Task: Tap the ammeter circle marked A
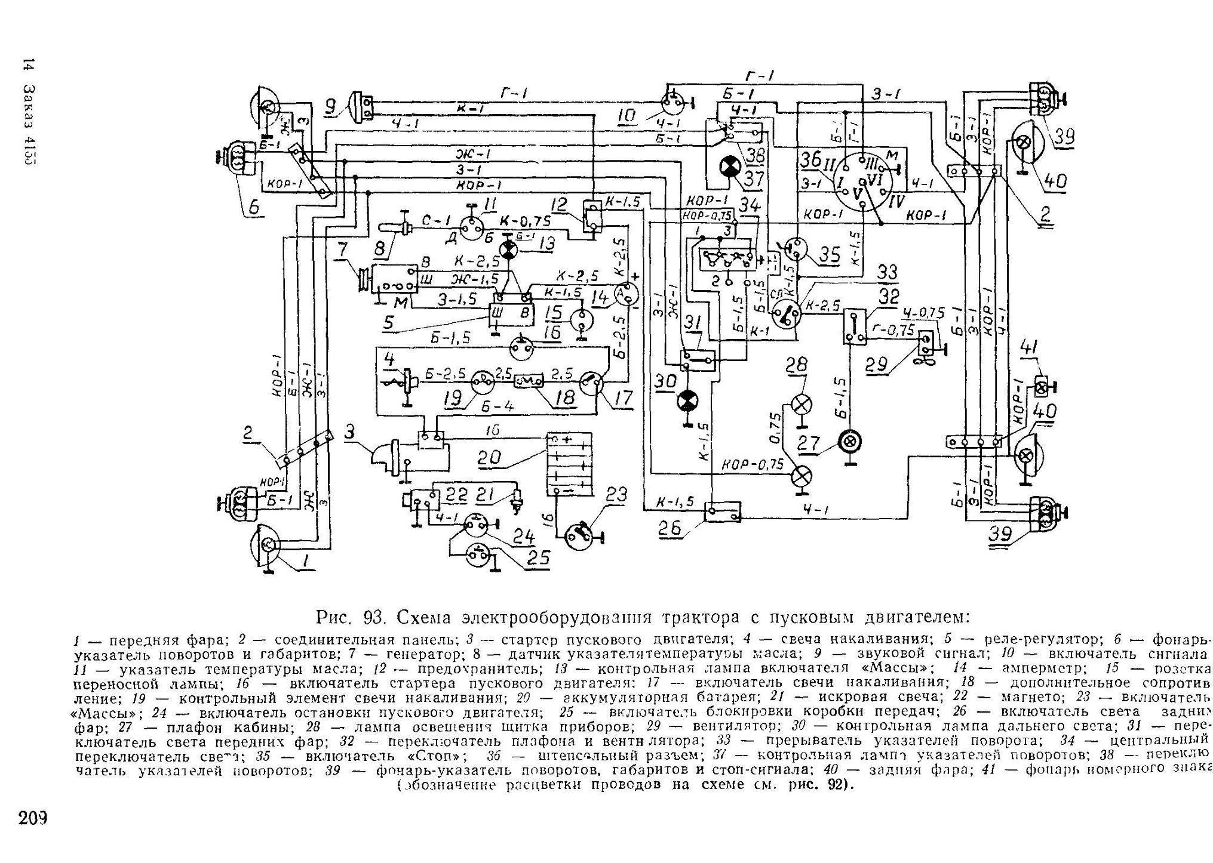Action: [x=625, y=294]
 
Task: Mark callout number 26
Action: [x=674, y=528]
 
